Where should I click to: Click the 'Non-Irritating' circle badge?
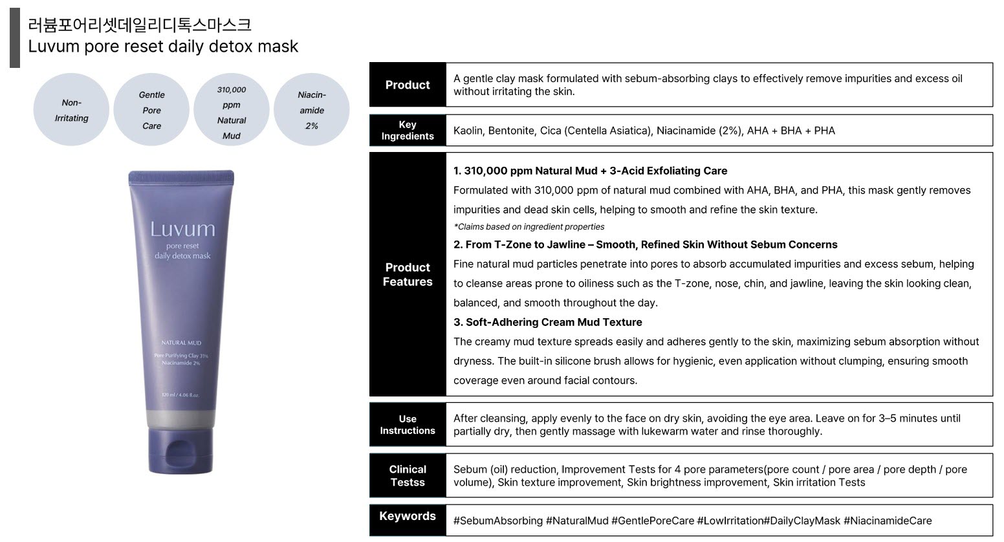[x=71, y=110]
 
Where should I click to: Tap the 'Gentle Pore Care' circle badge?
[x=151, y=110]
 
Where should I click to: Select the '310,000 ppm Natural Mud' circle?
[x=232, y=110]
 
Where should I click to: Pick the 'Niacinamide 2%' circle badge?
[x=312, y=110]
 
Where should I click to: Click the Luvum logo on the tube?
[x=182, y=229]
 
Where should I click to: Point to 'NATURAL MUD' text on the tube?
[x=181, y=343]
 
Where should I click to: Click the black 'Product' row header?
[x=408, y=85]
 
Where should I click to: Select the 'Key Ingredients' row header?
[x=408, y=130]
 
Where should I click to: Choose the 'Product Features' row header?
[x=408, y=274]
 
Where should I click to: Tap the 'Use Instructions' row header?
[x=408, y=424]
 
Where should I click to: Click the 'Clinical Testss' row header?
[x=408, y=475]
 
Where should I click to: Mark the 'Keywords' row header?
[x=408, y=516]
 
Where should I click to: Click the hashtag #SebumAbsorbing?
[x=498, y=521]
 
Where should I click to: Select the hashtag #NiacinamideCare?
[x=888, y=521]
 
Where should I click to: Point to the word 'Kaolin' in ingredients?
[x=468, y=131]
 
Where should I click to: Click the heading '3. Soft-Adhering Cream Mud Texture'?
[x=547, y=322]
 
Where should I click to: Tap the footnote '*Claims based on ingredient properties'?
[x=529, y=226]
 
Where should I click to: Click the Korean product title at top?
[x=140, y=25]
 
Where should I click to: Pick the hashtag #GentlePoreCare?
[x=653, y=521]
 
